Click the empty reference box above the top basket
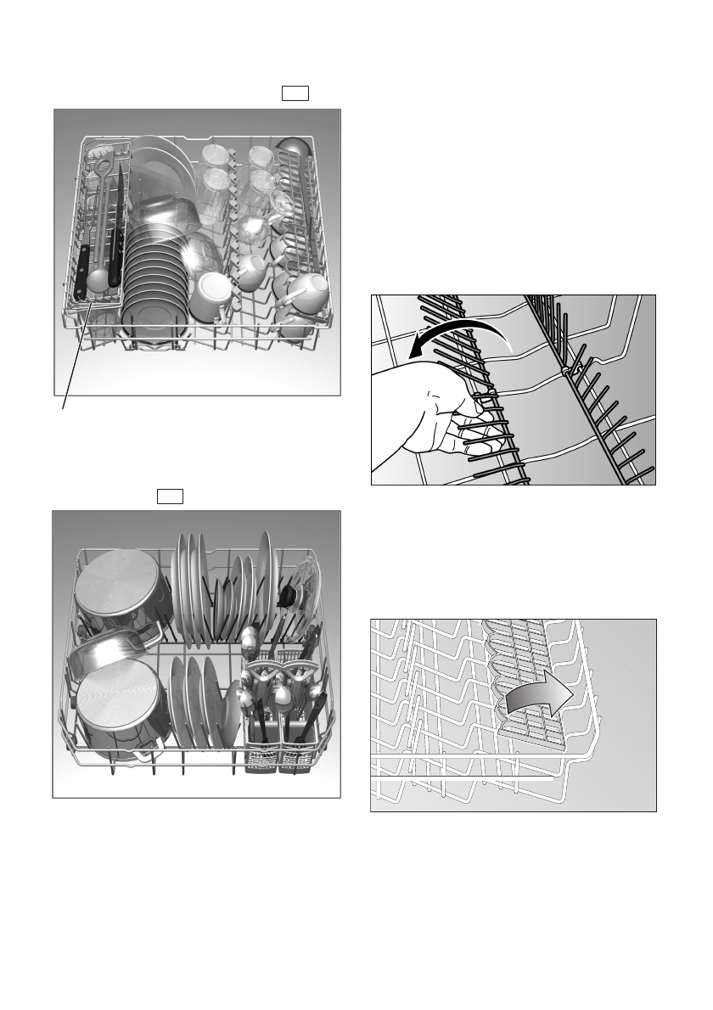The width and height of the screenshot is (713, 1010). click(x=295, y=93)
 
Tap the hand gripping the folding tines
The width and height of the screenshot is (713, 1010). click(x=433, y=416)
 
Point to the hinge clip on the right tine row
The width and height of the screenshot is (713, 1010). click(x=565, y=371)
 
